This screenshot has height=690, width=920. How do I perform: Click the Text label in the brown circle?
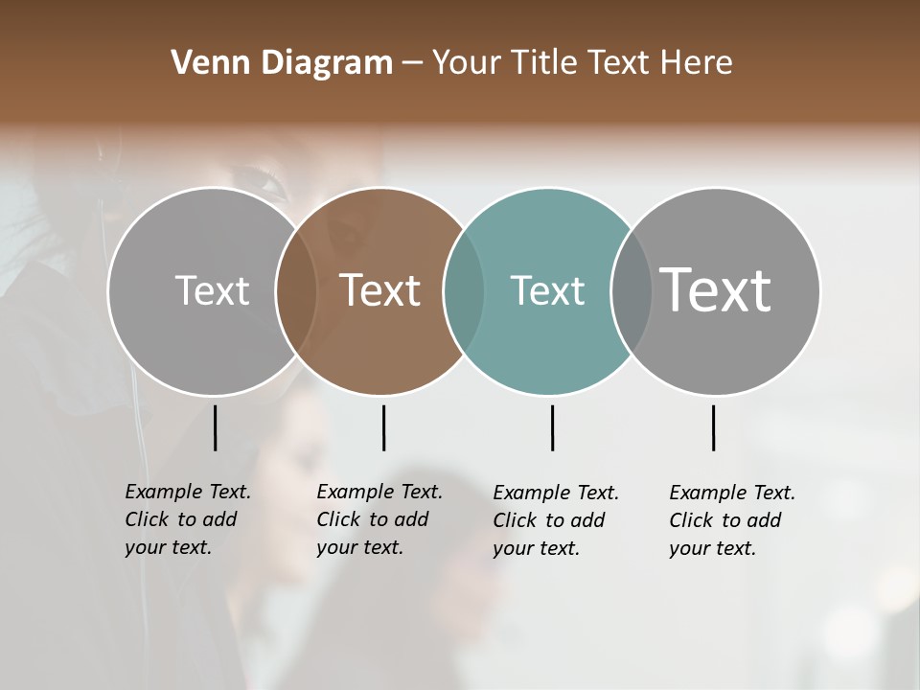tap(379, 290)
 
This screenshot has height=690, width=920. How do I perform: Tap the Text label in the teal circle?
tap(547, 290)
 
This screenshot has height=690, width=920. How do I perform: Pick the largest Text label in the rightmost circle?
tap(715, 289)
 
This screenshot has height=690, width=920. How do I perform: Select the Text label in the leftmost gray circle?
tap(212, 290)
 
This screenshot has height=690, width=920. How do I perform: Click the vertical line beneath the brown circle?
tap(383, 427)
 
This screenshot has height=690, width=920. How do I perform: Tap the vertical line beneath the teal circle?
tap(552, 427)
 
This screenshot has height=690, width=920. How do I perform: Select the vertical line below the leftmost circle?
tap(215, 427)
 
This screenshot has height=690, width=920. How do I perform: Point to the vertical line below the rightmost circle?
tap(713, 427)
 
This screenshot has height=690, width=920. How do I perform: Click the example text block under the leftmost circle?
tap(187, 519)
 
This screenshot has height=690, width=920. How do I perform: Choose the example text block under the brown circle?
tap(379, 519)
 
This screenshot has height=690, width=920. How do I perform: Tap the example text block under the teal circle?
tap(555, 520)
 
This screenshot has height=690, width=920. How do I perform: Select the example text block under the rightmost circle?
tap(731, 520)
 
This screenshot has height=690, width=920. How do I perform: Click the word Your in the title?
tap(467, 63)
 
